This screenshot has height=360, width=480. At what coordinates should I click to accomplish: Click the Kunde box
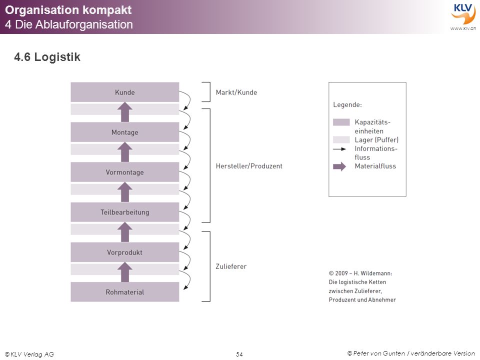[x=125, y=92]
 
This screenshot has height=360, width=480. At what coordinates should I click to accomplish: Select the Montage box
[x=125, y=132]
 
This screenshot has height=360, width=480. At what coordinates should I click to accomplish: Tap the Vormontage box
[x=125, y=172]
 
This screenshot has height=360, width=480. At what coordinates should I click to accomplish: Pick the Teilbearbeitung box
[x=125, y=212]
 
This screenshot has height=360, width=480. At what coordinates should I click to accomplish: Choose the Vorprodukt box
[x=125, y=252]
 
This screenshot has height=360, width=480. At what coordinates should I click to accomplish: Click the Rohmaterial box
[x=125, y=291]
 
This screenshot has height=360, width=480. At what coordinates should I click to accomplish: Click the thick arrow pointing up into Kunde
[x=125, y=112]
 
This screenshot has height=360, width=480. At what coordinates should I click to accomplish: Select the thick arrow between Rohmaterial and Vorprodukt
[x=125, y=272]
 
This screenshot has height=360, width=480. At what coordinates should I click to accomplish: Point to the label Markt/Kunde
[x=236, y=92]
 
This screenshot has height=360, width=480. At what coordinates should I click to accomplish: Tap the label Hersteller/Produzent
[x=249, y=166]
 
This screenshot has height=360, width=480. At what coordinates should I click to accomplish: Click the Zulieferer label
[x=231, y=266]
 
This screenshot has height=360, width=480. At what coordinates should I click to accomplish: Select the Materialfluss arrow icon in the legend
[x=339, y=166]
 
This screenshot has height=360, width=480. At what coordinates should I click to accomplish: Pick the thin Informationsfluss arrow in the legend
[x=339, y=149]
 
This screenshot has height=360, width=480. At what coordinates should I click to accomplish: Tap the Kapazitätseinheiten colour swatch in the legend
[x=341, y=122]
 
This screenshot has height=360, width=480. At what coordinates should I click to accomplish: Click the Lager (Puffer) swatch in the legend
[x=341, y=139]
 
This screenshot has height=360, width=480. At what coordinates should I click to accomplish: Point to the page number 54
[x=239, y=354]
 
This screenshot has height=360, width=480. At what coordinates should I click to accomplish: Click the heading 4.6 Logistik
[x=47, y=57]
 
